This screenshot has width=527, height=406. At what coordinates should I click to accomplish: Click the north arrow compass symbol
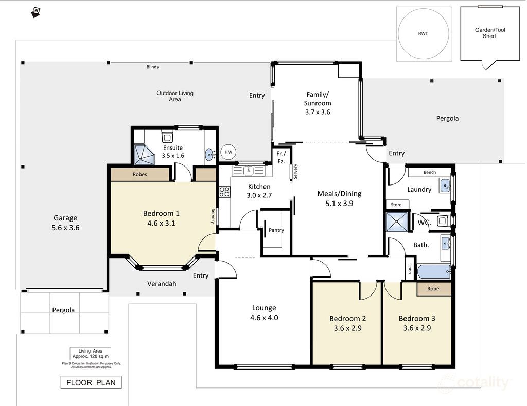(36, 12)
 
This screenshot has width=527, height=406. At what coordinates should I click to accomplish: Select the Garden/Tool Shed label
(490, 33)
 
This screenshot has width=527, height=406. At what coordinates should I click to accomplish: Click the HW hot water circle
(228, 152)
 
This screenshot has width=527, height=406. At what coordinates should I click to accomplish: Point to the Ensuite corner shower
(145, 155)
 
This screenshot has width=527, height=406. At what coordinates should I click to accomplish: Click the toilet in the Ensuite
(167, 136)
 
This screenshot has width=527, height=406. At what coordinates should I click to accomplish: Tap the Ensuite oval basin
(209, 155)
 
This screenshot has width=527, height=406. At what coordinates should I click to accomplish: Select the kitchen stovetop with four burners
(224, 192)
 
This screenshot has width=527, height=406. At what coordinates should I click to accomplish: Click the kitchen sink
(249, 171)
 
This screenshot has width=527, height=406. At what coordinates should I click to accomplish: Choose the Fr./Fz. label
(281, 157)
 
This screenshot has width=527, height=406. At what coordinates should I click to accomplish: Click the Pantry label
(276, 230)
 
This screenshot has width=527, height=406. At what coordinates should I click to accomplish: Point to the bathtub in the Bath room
(434, 271)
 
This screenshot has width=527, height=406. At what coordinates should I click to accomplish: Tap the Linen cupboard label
(410, 268)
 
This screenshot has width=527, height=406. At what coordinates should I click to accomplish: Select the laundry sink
(445, 186)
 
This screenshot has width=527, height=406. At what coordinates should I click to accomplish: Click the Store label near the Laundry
(396, 205)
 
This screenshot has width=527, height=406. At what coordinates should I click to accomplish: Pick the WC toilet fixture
(443, 221)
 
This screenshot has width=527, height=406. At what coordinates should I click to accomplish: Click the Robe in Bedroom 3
(434, 289)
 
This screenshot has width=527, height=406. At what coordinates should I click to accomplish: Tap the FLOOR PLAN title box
(91, 382)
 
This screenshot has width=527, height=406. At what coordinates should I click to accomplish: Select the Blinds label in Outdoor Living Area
(152, 67)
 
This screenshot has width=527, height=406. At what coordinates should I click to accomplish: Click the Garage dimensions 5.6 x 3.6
(65, 228)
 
